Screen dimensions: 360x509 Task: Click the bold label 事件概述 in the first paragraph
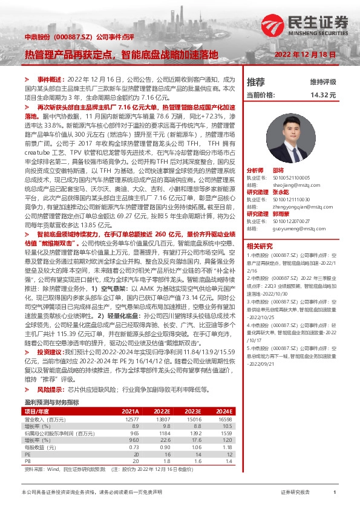[x=50, y=79]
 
